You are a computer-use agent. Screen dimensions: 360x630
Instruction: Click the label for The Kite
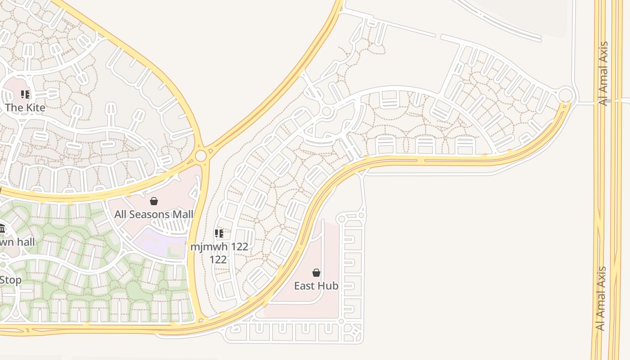coord(25,108)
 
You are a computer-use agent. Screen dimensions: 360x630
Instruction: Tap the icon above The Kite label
coord(25,94)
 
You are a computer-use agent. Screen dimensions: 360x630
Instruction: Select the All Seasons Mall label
coord(153,214)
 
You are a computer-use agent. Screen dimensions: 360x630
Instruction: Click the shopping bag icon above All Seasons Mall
coord(154,201)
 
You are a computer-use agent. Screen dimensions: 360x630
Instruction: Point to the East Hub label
coord(316,286)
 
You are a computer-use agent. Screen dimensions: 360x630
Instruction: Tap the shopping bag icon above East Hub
coord(316,273)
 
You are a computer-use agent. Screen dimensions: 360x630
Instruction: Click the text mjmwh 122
coord(219,247)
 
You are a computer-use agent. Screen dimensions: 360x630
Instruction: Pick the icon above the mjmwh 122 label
coord(219,234)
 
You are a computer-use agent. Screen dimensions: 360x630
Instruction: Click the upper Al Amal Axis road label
coord(603,73)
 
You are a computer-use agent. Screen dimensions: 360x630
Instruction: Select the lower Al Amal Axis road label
coord(600,299)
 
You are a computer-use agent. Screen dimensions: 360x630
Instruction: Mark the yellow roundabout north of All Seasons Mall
coord(201,156)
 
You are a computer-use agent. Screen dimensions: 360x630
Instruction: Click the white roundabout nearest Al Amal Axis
coord(566,95)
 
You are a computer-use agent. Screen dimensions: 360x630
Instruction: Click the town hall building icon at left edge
coord(1,229)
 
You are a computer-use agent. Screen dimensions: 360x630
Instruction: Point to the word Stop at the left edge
coord(10,280)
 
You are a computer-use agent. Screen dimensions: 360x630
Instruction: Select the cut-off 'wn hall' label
coord(17,242)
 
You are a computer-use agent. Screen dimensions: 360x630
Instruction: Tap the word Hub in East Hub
coord(328,286)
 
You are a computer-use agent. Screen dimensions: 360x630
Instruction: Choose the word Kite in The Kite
coord(35,108)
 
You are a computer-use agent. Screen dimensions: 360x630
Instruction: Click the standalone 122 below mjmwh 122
coord(218,260)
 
